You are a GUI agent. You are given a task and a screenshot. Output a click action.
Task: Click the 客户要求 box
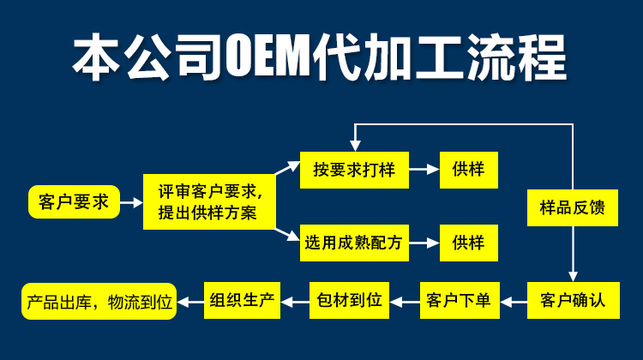74,202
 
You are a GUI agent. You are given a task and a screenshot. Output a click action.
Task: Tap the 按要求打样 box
354,170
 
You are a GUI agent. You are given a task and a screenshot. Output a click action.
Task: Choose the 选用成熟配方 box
354,243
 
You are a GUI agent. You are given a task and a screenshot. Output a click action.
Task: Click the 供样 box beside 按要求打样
468,170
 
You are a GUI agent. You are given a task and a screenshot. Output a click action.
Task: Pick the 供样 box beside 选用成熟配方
468,243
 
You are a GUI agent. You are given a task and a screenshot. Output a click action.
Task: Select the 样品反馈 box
573,208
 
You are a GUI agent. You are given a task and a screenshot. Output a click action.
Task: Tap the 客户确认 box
573,300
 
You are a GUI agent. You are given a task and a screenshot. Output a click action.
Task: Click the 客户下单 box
459,300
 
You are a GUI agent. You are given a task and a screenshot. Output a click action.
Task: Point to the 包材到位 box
349,300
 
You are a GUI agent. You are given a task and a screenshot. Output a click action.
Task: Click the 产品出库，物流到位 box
99,302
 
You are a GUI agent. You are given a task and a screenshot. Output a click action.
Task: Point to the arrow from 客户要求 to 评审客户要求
131,203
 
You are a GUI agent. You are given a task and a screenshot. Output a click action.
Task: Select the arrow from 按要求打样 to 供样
424,170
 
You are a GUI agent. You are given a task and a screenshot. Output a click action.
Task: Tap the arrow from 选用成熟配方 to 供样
424,243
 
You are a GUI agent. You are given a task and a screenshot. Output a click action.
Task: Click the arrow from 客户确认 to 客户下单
514,301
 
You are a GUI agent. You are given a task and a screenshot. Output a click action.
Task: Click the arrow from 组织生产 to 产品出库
189,301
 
